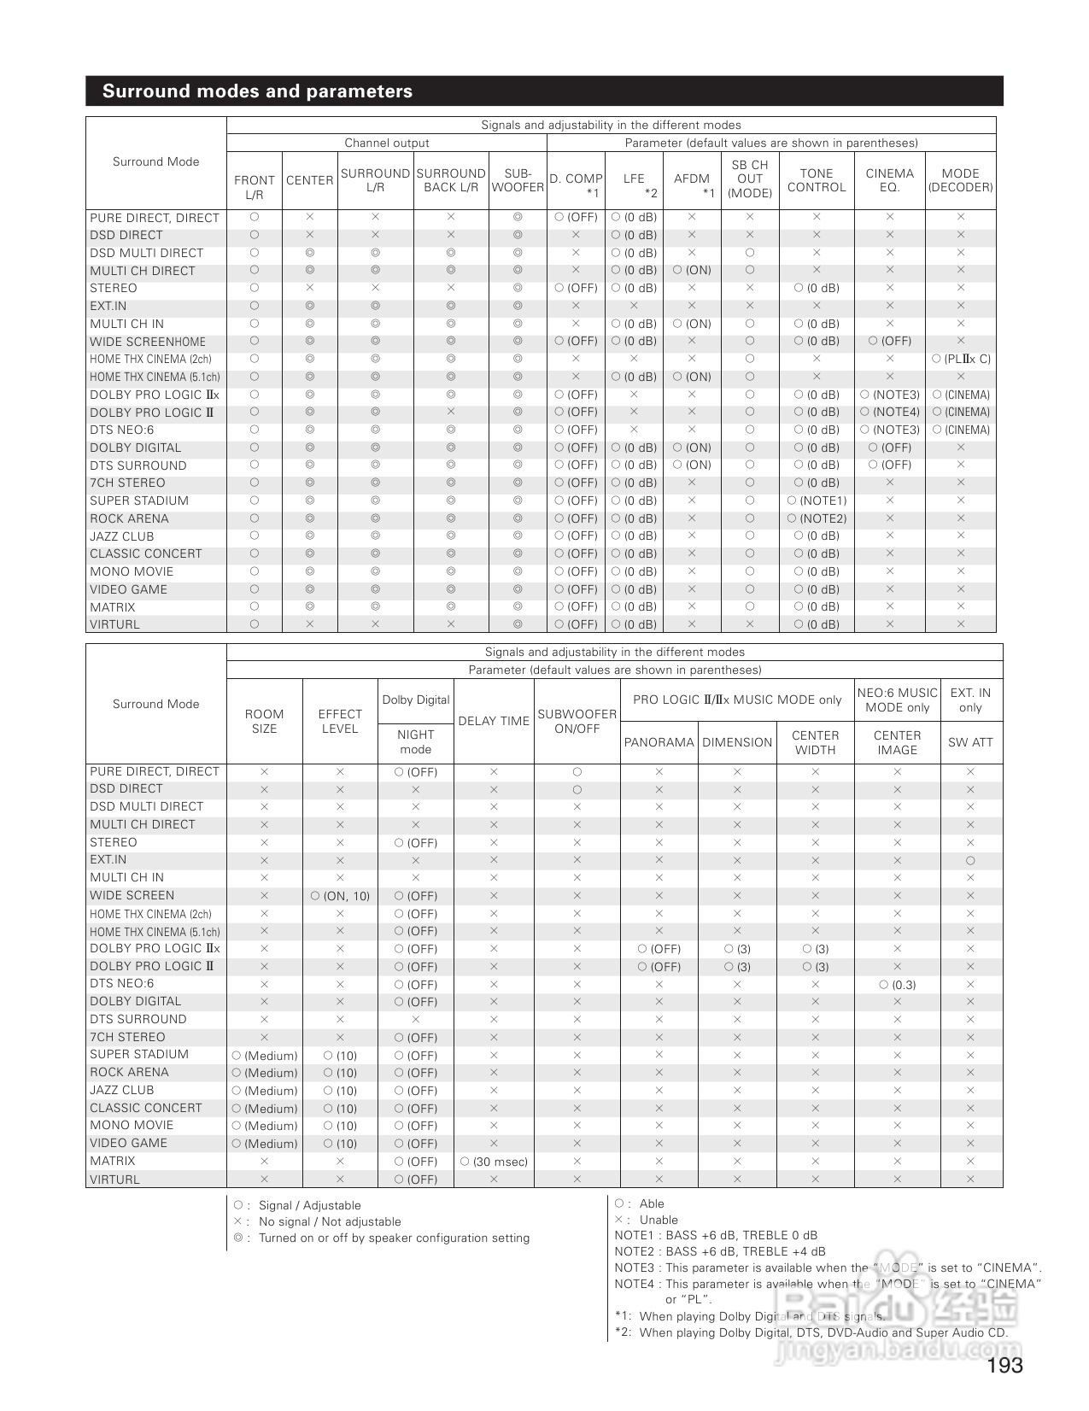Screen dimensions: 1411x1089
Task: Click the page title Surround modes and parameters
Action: pos(257,91)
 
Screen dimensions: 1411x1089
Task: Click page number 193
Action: pos(1004,1366)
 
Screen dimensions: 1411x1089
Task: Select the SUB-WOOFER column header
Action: pos(518,180)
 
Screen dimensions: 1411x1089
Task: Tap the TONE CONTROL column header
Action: pos(816,180)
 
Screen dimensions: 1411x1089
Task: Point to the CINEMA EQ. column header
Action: pos(889,180)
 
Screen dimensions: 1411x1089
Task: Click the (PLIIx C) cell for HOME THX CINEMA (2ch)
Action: pos(961,360)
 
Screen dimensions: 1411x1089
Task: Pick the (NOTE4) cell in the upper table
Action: pos(889,413)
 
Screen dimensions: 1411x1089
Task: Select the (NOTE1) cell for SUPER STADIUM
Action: pos(817,501)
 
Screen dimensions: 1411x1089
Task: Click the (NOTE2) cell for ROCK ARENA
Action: pos(817,519)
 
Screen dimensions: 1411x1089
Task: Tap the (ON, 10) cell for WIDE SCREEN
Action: pos(340,896)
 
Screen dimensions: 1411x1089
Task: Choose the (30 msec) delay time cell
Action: pos(494,1162)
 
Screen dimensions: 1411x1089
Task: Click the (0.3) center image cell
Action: pos(897,985)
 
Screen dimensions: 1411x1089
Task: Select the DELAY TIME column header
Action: pos(494,721)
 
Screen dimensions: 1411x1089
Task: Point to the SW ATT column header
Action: pos(970,742)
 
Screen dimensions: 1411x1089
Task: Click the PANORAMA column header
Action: pos(659,742)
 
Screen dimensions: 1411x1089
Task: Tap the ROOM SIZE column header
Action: pos(264,721)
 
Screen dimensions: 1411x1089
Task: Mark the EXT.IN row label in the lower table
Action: pos(108,860)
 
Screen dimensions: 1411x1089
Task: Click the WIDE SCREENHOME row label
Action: pos(148,342)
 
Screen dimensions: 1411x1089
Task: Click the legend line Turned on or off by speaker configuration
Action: pos(393,1238)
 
